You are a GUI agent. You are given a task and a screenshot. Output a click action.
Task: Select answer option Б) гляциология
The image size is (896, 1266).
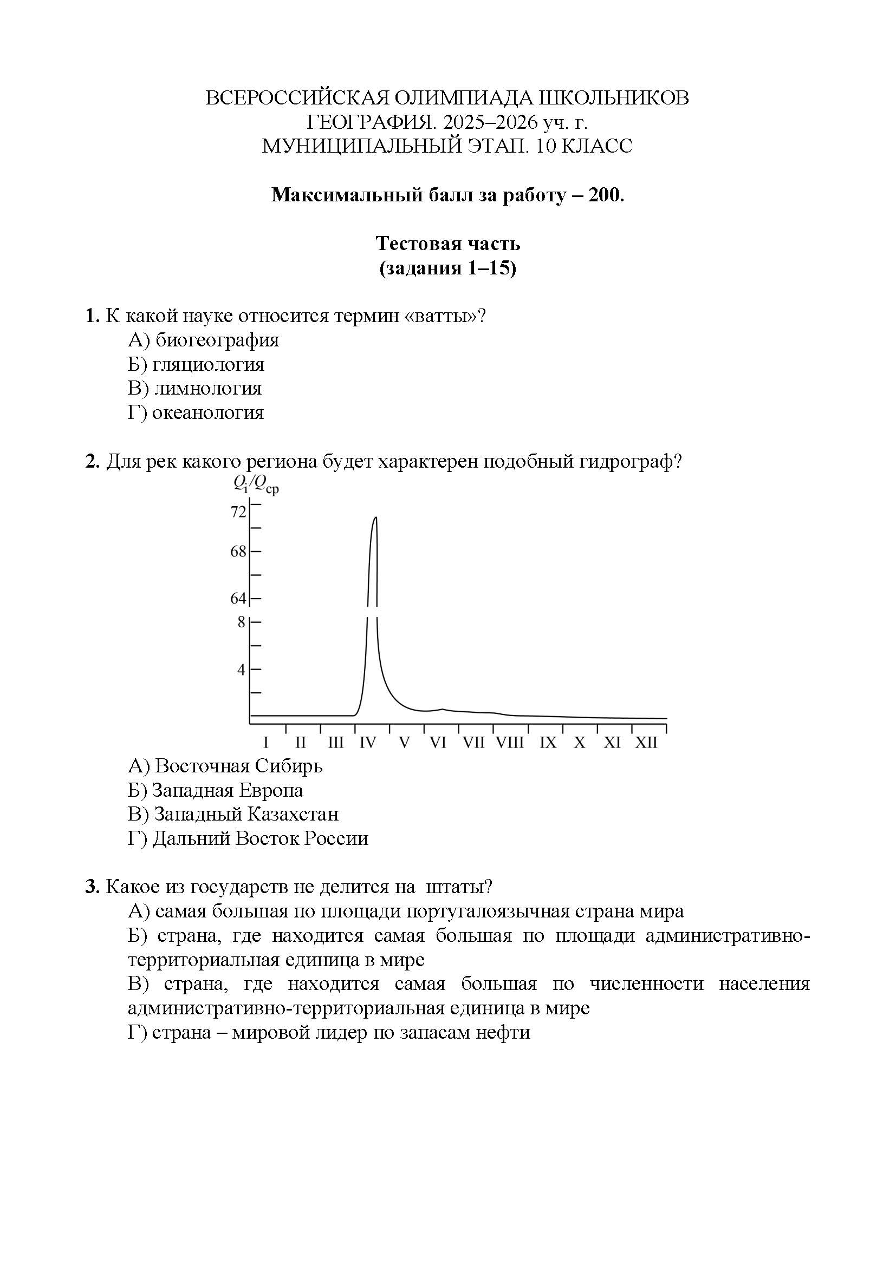(x=196, y=364)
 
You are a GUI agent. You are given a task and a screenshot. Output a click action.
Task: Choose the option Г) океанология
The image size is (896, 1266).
(x=196, y=412)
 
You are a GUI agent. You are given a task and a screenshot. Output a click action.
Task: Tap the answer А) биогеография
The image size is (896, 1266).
(x=203, y=340)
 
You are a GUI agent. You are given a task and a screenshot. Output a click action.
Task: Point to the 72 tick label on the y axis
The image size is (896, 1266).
(x=238, y=512)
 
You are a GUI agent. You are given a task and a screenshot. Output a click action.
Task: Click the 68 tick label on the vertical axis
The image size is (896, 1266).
(x=238, y=552)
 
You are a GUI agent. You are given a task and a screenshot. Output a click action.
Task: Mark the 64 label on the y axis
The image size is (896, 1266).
(x=238, y=598)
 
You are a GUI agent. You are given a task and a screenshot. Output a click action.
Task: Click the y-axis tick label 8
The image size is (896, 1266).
(x=242, y=622)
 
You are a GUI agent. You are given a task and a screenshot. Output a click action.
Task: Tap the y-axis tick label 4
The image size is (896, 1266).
(x=242, y=670)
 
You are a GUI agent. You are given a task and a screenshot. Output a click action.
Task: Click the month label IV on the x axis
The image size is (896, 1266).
(x=367, y=743)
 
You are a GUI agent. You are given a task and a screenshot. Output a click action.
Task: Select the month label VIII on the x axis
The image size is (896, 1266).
(x=509, y=743)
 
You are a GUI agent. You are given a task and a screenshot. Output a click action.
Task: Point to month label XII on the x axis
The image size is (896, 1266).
(x=646, y=743)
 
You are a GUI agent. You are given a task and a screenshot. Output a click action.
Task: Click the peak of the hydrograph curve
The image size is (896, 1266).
(x=376, y=518)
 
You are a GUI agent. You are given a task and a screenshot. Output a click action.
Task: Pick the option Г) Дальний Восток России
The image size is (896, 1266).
(x=248, y=838)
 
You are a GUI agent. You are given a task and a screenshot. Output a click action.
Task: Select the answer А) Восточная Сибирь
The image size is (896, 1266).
(x=225, y=766)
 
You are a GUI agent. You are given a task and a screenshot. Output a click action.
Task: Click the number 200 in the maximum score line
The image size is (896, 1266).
(x=604, y=195)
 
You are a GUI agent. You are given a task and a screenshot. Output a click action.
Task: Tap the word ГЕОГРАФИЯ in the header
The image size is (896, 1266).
(x=371, y=122)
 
